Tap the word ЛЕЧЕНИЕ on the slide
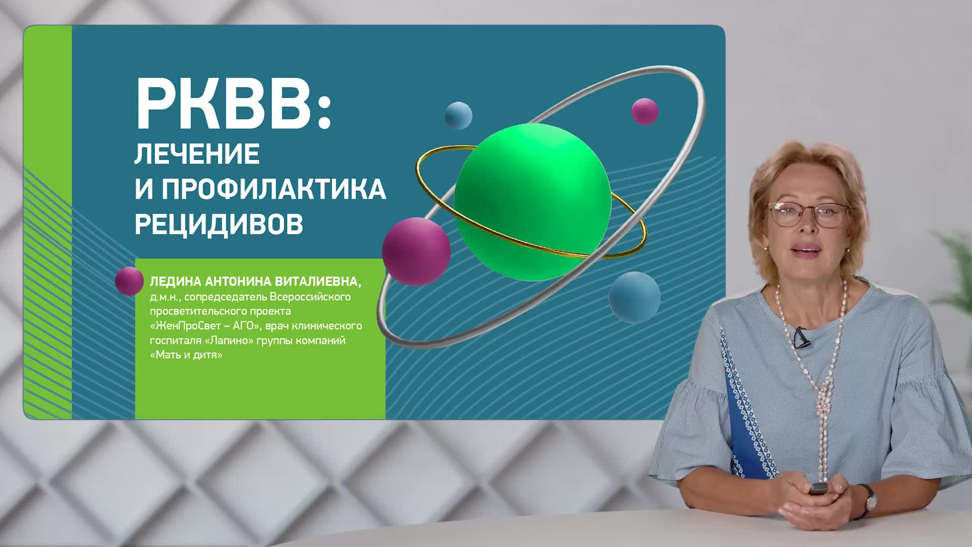(197, 154)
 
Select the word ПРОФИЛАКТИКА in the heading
(274, 189)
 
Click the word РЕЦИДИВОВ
(219, 224)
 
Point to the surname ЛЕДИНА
(176, 281)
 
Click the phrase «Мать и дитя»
(186, 355)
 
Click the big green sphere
(533, 202)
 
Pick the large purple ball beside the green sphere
(416, 251)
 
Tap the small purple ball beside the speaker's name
(129, 281)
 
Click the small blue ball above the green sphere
(458, 115)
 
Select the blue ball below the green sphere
(635, 297)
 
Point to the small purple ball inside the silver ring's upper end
(644, 111)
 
